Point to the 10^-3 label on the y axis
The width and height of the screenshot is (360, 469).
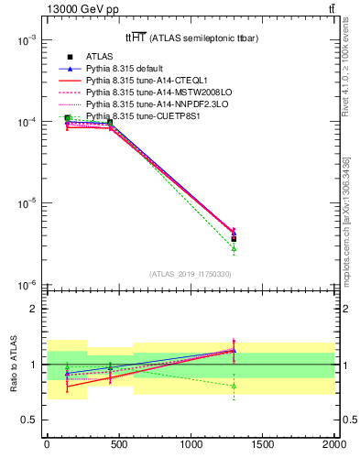(25, 41)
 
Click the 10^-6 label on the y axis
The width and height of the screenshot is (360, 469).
(25, 285)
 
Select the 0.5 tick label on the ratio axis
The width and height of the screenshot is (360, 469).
(29, 420)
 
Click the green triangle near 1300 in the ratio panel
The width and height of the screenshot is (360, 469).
(234, 386)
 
